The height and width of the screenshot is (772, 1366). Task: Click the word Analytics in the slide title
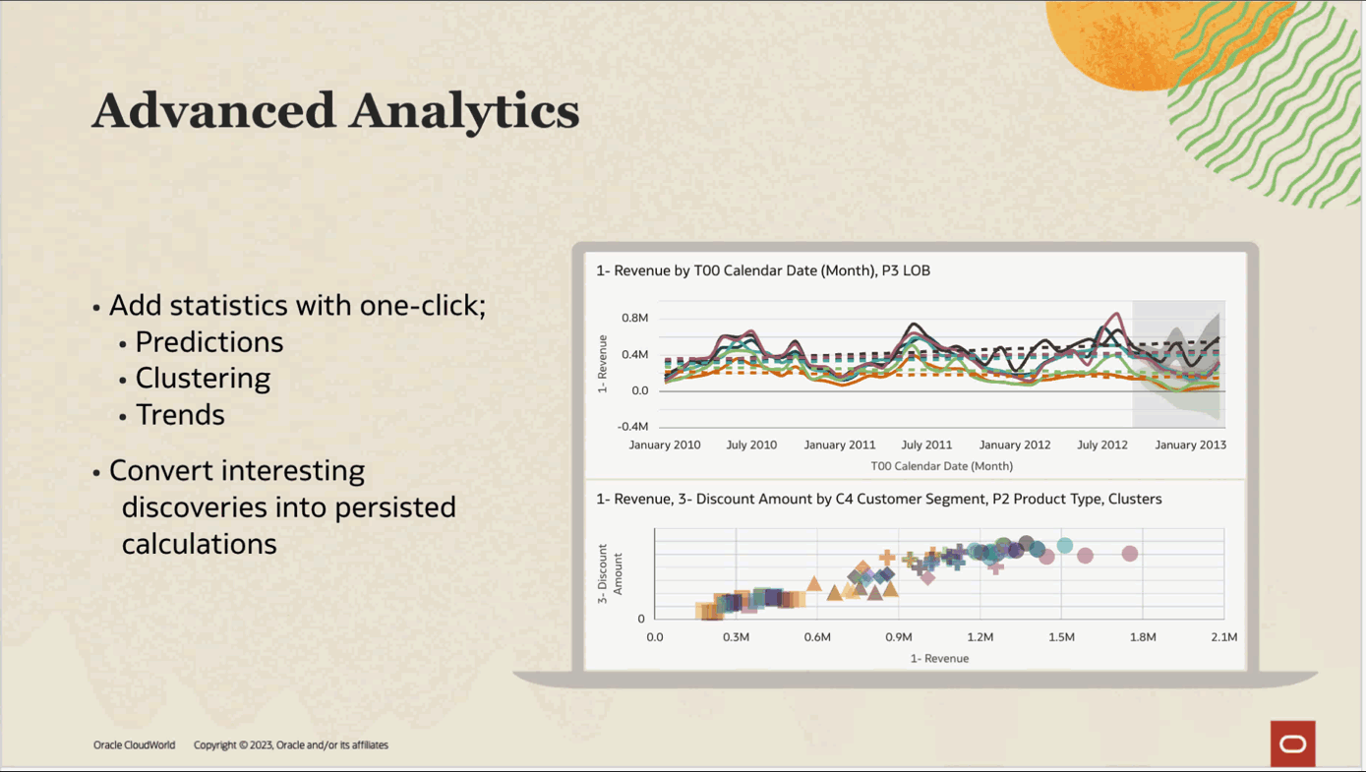pyautogui.click(x=464, y=110)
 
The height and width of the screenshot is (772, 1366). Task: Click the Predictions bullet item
pyautogui.click(x=208, y=342)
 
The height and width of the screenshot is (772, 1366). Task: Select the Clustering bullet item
pyautogui.click(x=203, y=379)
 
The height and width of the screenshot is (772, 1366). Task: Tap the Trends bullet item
pyautogui.click(x=180, y=415)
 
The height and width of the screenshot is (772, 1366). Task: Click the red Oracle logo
pyautogui.click(x=1292, y=743)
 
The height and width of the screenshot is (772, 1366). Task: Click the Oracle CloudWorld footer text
pyautogui.click(x=134, y=745)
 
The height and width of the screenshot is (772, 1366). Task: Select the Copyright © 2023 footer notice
pyautogui.click(x=290, y=745)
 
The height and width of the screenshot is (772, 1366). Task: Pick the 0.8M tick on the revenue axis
pyautogui.click(x=634, y=319)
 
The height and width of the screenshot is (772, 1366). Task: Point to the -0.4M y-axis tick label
pyautogui.click(x=632, y=427)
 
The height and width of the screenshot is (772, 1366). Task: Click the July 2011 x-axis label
pyautogui.click(x=926, y=445)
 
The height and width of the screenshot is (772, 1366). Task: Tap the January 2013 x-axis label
pyautogui.click(x=1190, y=445)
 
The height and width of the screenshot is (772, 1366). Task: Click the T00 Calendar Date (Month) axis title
pyautogui.click(x=941, y=466)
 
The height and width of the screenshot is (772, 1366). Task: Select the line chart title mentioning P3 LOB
pyautogui.click(x=763, y=270)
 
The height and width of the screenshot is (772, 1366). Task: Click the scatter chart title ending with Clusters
pyautogui.click(x=878, y=500)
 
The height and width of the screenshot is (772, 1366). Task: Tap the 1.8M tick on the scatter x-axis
pyautogui.click(x=1143, y=637)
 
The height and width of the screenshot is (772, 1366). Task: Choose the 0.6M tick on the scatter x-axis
pyautogui.click(x=817, y=637)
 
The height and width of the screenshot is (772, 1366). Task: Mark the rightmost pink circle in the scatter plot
pyautogui.click(x=1130, y=554)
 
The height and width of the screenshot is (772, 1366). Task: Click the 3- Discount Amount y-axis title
pyautogui.click(x=610, y=572)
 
